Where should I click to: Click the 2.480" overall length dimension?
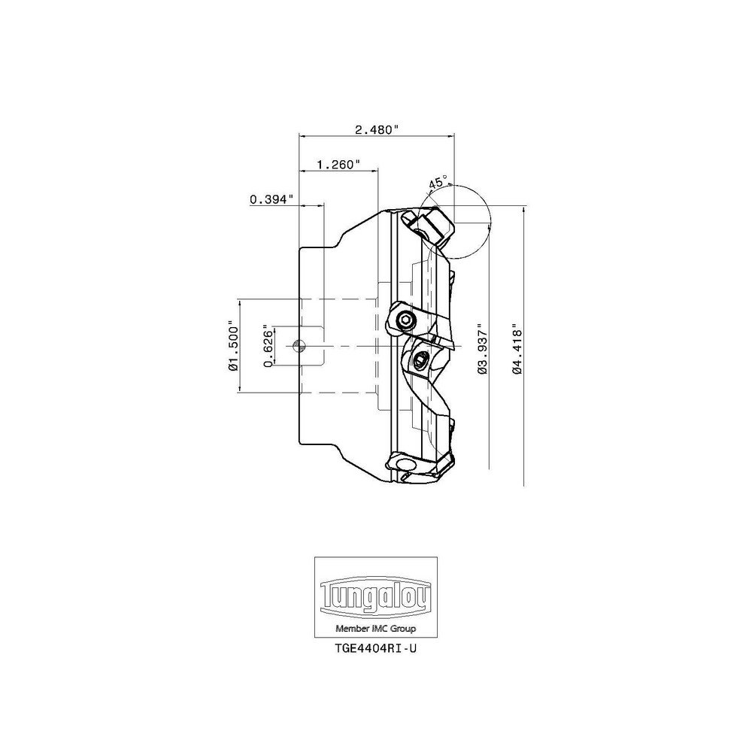click(377, 129)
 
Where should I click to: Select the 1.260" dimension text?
click(338, 165)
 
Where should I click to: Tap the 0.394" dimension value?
click(271, 199)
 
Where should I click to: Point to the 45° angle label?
click(438, 182)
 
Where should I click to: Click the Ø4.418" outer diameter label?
click(517, 349)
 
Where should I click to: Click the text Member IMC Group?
click(375, 628)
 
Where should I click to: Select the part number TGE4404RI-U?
click(375, 648)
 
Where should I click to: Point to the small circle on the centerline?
click(299, 345)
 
